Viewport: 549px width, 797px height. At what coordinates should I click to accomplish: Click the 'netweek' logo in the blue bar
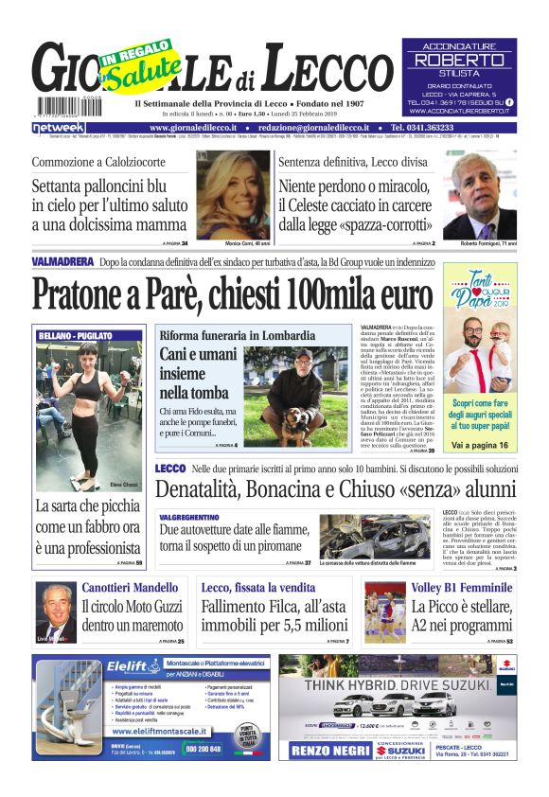[60, 127]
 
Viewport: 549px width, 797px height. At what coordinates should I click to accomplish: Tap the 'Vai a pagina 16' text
[485, 444]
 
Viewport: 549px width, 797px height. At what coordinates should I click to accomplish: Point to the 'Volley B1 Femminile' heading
[461, 588]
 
